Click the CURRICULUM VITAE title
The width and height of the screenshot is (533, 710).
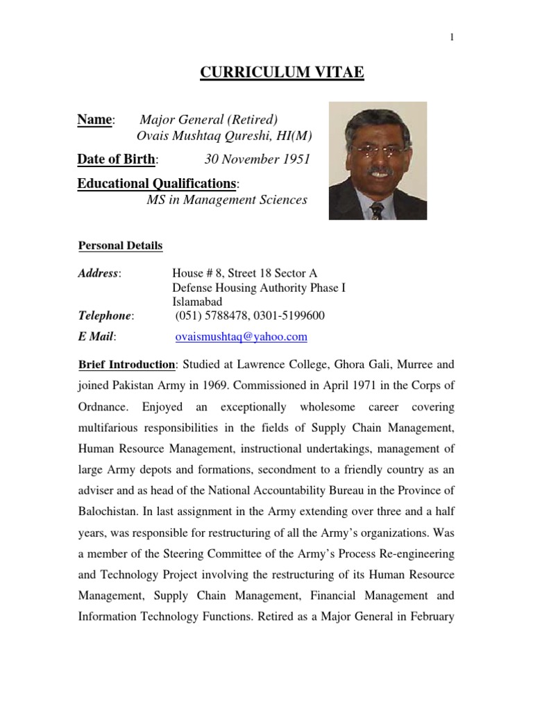coord(282,73)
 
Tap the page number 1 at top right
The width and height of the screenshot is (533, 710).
coord(451,37)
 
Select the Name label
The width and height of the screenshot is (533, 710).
coord(94,120)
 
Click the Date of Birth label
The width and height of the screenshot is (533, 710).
coord(117,159)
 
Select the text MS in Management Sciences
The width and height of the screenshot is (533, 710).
coord(226,200)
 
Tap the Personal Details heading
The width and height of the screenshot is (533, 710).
coord(120,245)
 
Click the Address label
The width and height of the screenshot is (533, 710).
coord(98,273)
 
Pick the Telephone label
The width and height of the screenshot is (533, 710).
coord(104,315)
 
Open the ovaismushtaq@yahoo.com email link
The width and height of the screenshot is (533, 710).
coord(239,337)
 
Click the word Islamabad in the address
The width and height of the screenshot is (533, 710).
coord(197,302)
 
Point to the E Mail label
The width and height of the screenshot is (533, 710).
coord(96,337)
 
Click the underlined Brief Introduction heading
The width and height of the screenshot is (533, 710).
coord(126,365)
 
